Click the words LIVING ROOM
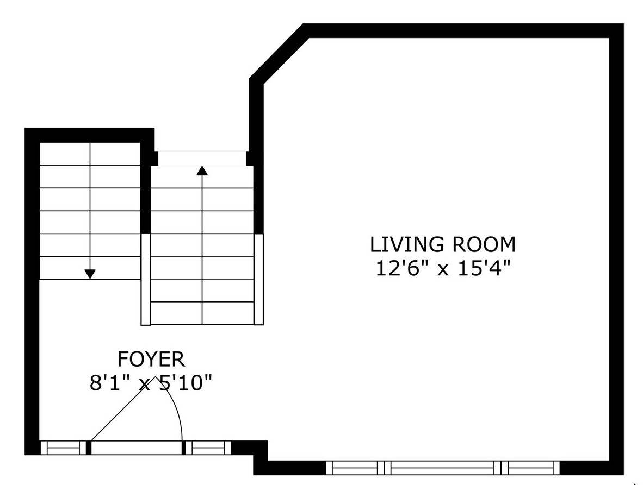(x=442, y=244)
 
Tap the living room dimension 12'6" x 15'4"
(x=443, y=269)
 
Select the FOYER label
(x=151, y=360)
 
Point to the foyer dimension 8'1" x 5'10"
(x=151, y=383)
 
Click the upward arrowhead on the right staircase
(x=202, y=170)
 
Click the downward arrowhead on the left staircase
(x=90, y=274)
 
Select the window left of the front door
(x=64, y=448)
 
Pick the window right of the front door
(x=208, y=448)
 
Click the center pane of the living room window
(x=442, y=468)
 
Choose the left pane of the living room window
(x=355, y=468)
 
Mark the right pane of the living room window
(x=530, y=468)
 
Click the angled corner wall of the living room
(x=280, y=54)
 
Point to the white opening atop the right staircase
(x=202, y=159)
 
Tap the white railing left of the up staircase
(x=146, y=280)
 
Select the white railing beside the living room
(x=259, y=280)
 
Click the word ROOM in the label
(x=484, y=244)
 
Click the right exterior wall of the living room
(x=616, y=249)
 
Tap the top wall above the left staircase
(x=89, y=135)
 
